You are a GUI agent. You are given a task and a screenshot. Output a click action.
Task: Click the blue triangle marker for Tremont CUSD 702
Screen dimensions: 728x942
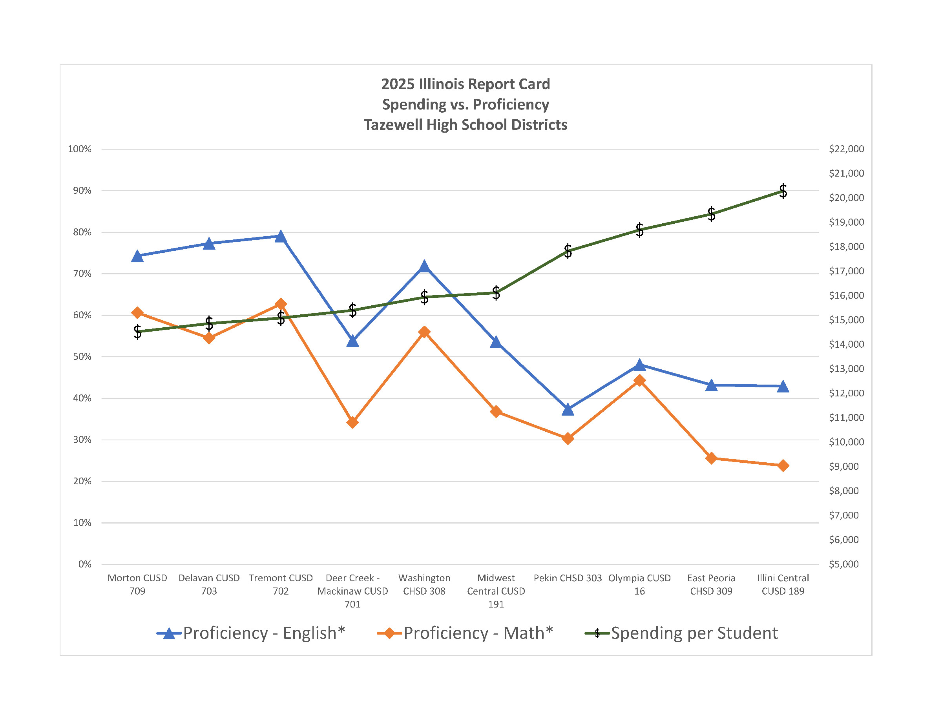tap(281, 237)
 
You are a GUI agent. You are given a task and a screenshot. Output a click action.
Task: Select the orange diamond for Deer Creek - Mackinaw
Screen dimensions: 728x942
tap(352, 422)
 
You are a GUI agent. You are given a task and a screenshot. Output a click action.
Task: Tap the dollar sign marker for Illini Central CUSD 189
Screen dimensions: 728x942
tap(783, 191)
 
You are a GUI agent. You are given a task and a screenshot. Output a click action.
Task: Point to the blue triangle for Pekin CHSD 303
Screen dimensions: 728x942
tap(568, 410)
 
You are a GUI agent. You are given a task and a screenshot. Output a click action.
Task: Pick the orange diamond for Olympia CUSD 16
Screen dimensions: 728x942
tap(639, 380)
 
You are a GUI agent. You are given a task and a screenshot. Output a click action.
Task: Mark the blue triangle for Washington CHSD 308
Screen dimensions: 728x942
tap(424, 266)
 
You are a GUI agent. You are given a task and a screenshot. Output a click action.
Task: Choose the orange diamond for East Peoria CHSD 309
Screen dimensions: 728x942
tap(711, 458)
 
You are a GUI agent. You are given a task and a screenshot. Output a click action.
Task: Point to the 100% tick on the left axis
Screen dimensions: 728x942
tap(80, 149)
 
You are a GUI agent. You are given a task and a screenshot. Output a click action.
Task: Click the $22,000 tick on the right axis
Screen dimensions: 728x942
tap(846, 149)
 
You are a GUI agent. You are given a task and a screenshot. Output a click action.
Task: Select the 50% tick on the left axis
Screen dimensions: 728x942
tap(82, 357)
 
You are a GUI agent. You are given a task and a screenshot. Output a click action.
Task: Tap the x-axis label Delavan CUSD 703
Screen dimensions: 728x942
tap(209, 584)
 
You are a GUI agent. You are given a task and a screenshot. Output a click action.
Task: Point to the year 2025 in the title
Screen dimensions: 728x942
tap(397, 84)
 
